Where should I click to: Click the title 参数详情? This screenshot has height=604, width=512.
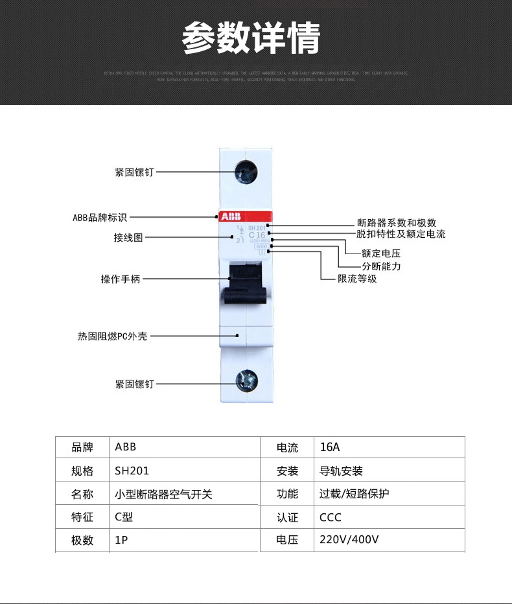pyautogui.click(x=251, y=38)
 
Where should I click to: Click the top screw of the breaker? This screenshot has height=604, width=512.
pyautogui.click(x=246, y=172)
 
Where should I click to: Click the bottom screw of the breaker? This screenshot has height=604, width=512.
pyautogui.click(x=246, y=382)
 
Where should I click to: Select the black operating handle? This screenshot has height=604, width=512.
pyautogui.click(x=246, y=283)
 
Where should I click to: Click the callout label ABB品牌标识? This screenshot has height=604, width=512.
pyautogui.click(x=100, y=217)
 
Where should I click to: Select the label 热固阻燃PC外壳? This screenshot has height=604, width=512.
pyautogui.click(x=112, y=336)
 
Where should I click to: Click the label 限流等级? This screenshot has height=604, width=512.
pyautogui.click(x=357, y=279)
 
